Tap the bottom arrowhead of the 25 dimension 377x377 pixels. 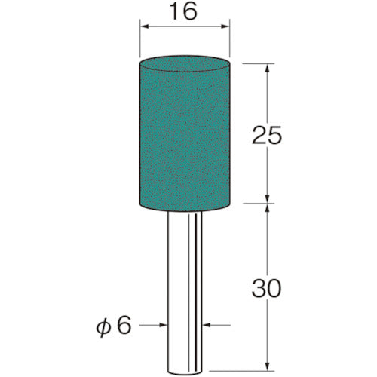tap(268, 198)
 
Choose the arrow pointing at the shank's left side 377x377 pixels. tap(161, 326)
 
